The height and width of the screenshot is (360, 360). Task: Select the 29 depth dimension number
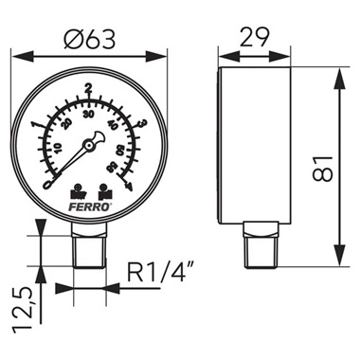pos(252,39)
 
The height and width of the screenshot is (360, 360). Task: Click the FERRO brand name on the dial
pos(88,202)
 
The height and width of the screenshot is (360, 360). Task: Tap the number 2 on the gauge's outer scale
pos(87,89)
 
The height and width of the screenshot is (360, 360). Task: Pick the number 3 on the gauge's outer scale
pos(141,122)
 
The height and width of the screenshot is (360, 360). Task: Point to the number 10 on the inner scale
pos(56,147)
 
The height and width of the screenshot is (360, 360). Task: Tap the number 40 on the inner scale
pos(112,124)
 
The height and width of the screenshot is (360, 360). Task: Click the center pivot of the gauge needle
pos(89,145)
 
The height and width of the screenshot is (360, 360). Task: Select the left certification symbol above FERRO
pos(77,188)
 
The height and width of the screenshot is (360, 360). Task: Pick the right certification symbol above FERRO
pos(102,188)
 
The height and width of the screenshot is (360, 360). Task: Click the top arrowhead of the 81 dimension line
pos(338,76)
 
